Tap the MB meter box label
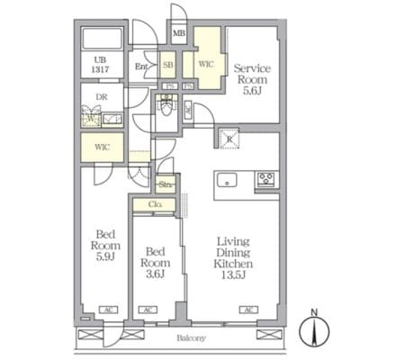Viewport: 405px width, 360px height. [x=179, y=34]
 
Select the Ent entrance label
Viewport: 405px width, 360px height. [x=142, y=66]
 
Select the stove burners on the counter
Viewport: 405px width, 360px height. [x=266, y=177]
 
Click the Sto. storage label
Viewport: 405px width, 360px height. [x=166, y=185]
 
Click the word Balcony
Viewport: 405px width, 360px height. [x=190, y=338]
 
